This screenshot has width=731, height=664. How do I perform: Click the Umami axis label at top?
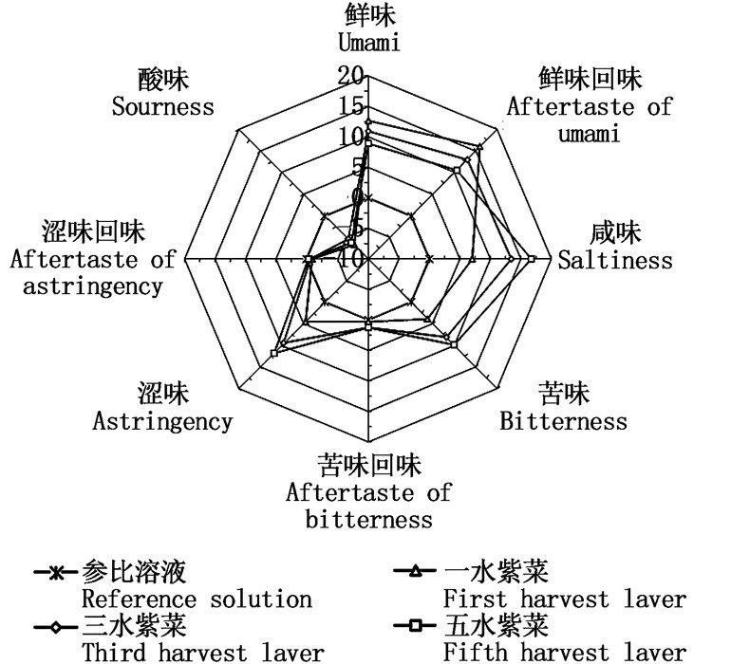click(369, 42)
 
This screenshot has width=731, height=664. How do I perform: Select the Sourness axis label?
click(162, 105)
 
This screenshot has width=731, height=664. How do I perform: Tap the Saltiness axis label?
click(614, 260)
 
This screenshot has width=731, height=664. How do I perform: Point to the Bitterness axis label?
click(563, 420)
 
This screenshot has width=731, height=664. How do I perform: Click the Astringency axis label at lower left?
click(162, 421)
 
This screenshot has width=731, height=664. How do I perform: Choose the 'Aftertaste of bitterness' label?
click(368, 493)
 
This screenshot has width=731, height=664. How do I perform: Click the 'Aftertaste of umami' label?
click(589, 106)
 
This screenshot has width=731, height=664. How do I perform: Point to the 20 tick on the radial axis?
click(351, 75)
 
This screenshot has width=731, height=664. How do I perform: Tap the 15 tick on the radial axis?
click(351, 105)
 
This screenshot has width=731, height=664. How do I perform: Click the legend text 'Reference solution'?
click(197, 599)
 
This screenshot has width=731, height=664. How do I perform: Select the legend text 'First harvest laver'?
click(564, 599)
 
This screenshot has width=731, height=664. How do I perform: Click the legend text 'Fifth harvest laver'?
click(564, 653)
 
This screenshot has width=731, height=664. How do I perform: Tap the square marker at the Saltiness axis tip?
click(532, 259)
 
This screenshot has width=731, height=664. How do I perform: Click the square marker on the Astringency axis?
click(273, 353)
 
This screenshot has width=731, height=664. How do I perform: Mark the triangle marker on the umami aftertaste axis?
click(479, 147)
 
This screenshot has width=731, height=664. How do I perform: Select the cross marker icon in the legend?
click(56, 574)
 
